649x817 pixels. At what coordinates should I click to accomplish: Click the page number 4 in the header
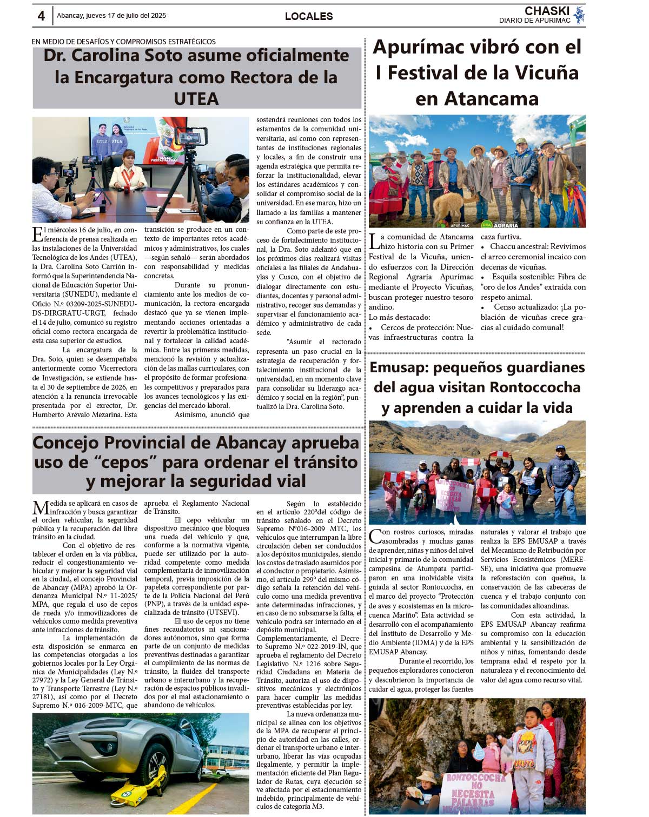[41, 16]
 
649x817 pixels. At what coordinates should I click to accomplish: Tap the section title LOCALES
[309, 16]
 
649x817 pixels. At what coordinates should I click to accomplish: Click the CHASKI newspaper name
[547, 11]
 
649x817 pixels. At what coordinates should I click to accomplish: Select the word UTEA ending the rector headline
[196, 99]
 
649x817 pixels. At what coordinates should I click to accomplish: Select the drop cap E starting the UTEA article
[38, 235]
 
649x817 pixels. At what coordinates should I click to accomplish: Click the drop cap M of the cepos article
[41, 508]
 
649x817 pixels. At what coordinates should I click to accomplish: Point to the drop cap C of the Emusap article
[375, 537]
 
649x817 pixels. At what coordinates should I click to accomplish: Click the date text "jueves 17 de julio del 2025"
[128, 16]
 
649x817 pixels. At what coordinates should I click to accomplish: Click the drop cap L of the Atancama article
[374, 241]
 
